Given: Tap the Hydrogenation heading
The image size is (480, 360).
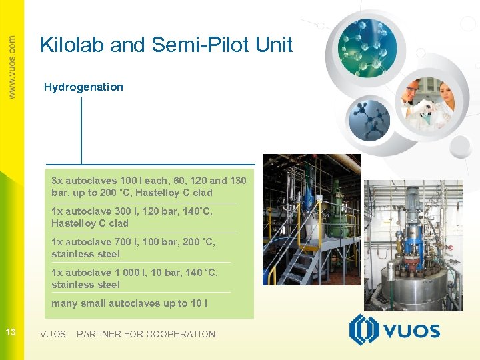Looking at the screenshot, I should pyautogui.click(x=83, y=87).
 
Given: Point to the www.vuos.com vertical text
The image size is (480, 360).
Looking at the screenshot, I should pyautogui.click(x=11, y=67).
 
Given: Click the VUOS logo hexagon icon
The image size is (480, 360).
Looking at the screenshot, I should pyautogui.click(x=364, y=331).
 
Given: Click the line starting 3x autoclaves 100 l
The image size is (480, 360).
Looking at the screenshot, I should pyautogui.click(x=149, y=181).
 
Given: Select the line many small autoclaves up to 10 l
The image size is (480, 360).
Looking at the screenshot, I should pyautogui.click(x=129, y=303).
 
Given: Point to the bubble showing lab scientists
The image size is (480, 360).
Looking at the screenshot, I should pyautogui.click(x=427, y=103).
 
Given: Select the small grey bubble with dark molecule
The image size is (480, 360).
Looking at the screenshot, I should pyautogui.click(x=369, y=119).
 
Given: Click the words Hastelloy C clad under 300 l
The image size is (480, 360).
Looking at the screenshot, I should pyautogui.click(x=89, y=223).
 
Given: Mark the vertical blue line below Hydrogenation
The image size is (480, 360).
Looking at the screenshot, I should pyautogui.click(x=81, y=130).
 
